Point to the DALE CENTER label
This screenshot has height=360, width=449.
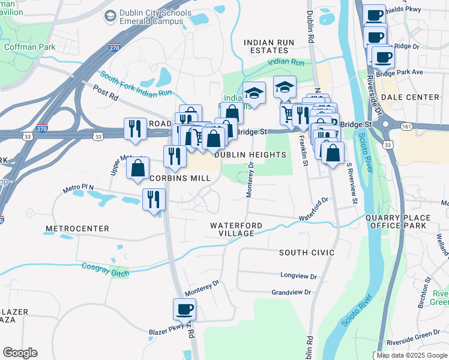[414, 97]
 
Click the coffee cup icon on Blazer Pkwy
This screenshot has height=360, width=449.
[185, 310]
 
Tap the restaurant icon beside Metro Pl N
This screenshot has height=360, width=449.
[154, 200]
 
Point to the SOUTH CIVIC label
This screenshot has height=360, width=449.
[306, 253]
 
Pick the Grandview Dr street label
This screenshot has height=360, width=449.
[291, 292]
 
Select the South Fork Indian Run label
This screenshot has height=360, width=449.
[136, 85]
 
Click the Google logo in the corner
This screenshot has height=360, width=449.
[20, 353]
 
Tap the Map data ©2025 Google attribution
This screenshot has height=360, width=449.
[412, 355]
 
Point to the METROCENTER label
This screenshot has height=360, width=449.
[77, 229]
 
